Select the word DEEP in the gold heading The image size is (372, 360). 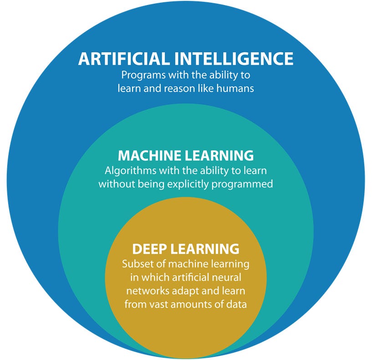pos(148,249)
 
